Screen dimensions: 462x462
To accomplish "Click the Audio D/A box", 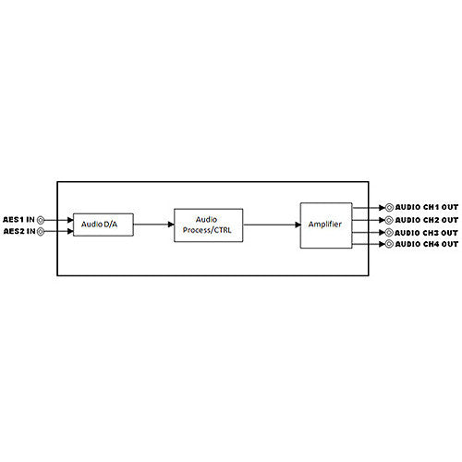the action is [x=103, y=225].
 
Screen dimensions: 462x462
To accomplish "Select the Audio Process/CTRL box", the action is [x=209, y=225].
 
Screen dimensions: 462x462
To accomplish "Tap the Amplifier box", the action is [x=326, y=225].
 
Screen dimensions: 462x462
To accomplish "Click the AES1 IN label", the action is [x=18, y=220].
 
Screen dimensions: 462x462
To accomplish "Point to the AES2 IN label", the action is [x=19, y=231].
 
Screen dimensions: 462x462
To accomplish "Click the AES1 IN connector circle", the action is [x=41, y=220].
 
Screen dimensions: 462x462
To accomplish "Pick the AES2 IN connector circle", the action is [x=41, y=232].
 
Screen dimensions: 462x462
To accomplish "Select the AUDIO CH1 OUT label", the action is [x=427, y=207].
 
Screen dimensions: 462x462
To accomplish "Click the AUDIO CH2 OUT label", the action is [x=427, y=220].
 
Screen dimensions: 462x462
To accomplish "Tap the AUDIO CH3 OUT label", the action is [x=426, y=233].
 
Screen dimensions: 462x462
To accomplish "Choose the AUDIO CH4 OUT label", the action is [x=427, y=244].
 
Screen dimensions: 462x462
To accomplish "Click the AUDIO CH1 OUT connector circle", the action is [x=389, y=208].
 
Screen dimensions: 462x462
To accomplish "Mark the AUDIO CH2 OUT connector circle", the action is [x=389, y=220].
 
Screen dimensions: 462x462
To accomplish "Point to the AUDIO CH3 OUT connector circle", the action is [x=389, y=233].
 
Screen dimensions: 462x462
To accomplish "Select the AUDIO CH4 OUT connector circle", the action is [x=389, y=244].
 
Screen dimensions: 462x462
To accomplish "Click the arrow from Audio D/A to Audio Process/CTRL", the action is [x=154, y=225].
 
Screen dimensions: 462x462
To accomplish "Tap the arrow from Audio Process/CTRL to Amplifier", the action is [x=272, y=225].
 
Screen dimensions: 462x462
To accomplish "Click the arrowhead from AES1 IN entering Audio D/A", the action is [x=70, y=220].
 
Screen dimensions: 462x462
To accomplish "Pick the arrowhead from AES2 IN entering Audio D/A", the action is [x=70, y=231].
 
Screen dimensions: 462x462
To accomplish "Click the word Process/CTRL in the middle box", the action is [x=207, y=230].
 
